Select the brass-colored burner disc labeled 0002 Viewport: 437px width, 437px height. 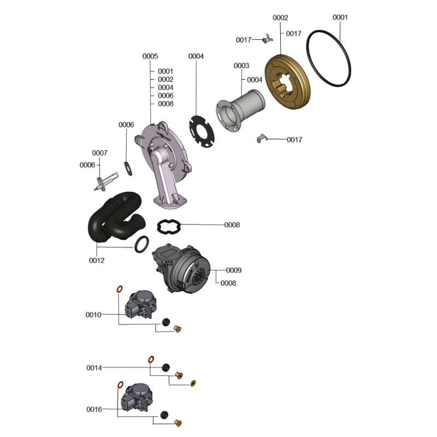(287, 82)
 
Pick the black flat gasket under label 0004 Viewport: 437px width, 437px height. (202, 132)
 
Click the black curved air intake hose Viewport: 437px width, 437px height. (116, 217)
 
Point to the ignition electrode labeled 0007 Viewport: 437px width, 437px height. (106, 182)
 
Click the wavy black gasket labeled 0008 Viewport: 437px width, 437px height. (169, 227)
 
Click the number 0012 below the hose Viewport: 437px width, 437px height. (97, 261)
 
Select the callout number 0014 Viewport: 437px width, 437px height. (94, 368)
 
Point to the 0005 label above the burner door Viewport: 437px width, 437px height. (150, 56)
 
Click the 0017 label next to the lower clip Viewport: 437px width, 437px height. (294, 140)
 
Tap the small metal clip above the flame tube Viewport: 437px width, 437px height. (267, 39)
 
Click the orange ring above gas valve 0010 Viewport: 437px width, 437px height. (120, 289)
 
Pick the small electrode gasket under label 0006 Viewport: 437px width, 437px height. (128, 169)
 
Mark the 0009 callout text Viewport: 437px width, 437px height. (234, 270)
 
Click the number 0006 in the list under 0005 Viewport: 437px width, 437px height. (166, 96)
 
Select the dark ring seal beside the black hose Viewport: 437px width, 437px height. (141, 244)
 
